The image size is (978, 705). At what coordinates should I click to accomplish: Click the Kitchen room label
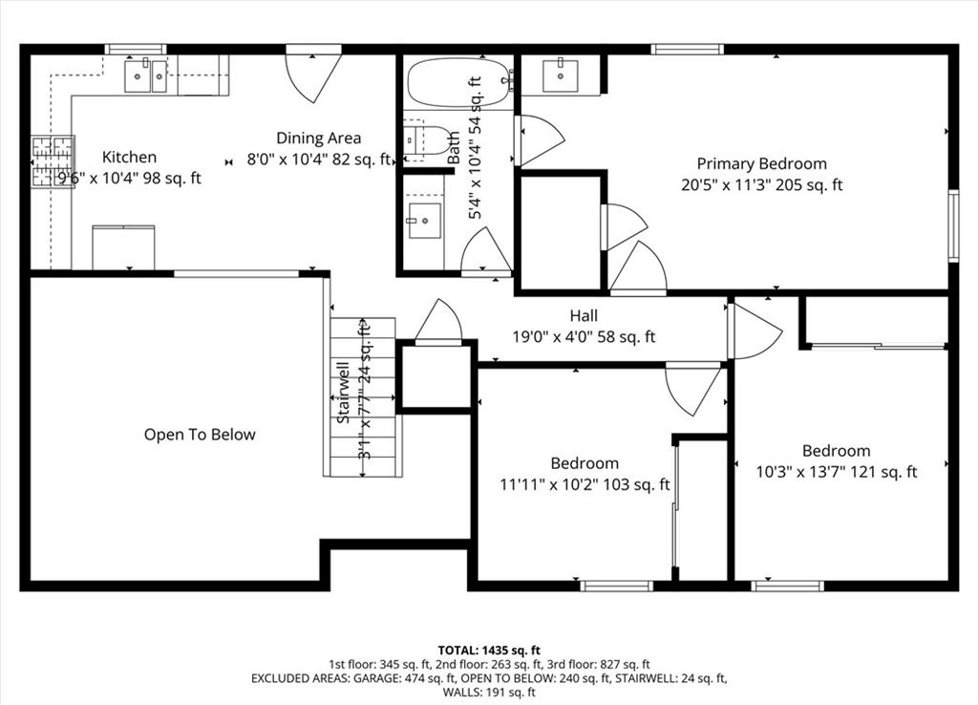(129, 157)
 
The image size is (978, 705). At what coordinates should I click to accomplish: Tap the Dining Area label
(318, 138)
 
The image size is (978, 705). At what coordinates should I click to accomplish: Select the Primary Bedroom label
(761, 163)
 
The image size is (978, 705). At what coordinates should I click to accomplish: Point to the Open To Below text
(200, 435)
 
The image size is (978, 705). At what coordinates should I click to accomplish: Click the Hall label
(584, 315)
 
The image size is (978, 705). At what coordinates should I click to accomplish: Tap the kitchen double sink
(145, 76)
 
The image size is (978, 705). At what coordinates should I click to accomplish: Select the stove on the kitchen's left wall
(53, 161)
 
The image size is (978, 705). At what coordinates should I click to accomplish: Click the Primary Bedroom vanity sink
(560, 75)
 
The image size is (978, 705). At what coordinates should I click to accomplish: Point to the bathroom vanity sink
(424, 221)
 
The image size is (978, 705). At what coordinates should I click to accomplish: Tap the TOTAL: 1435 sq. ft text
(489, 651)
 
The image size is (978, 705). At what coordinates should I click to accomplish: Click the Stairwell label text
(343, 393)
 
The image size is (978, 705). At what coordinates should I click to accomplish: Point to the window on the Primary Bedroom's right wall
(952, 225)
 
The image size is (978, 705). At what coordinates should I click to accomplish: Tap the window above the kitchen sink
(136, 50)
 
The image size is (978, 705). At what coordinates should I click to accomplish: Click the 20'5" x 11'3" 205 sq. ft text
(761, 185)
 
